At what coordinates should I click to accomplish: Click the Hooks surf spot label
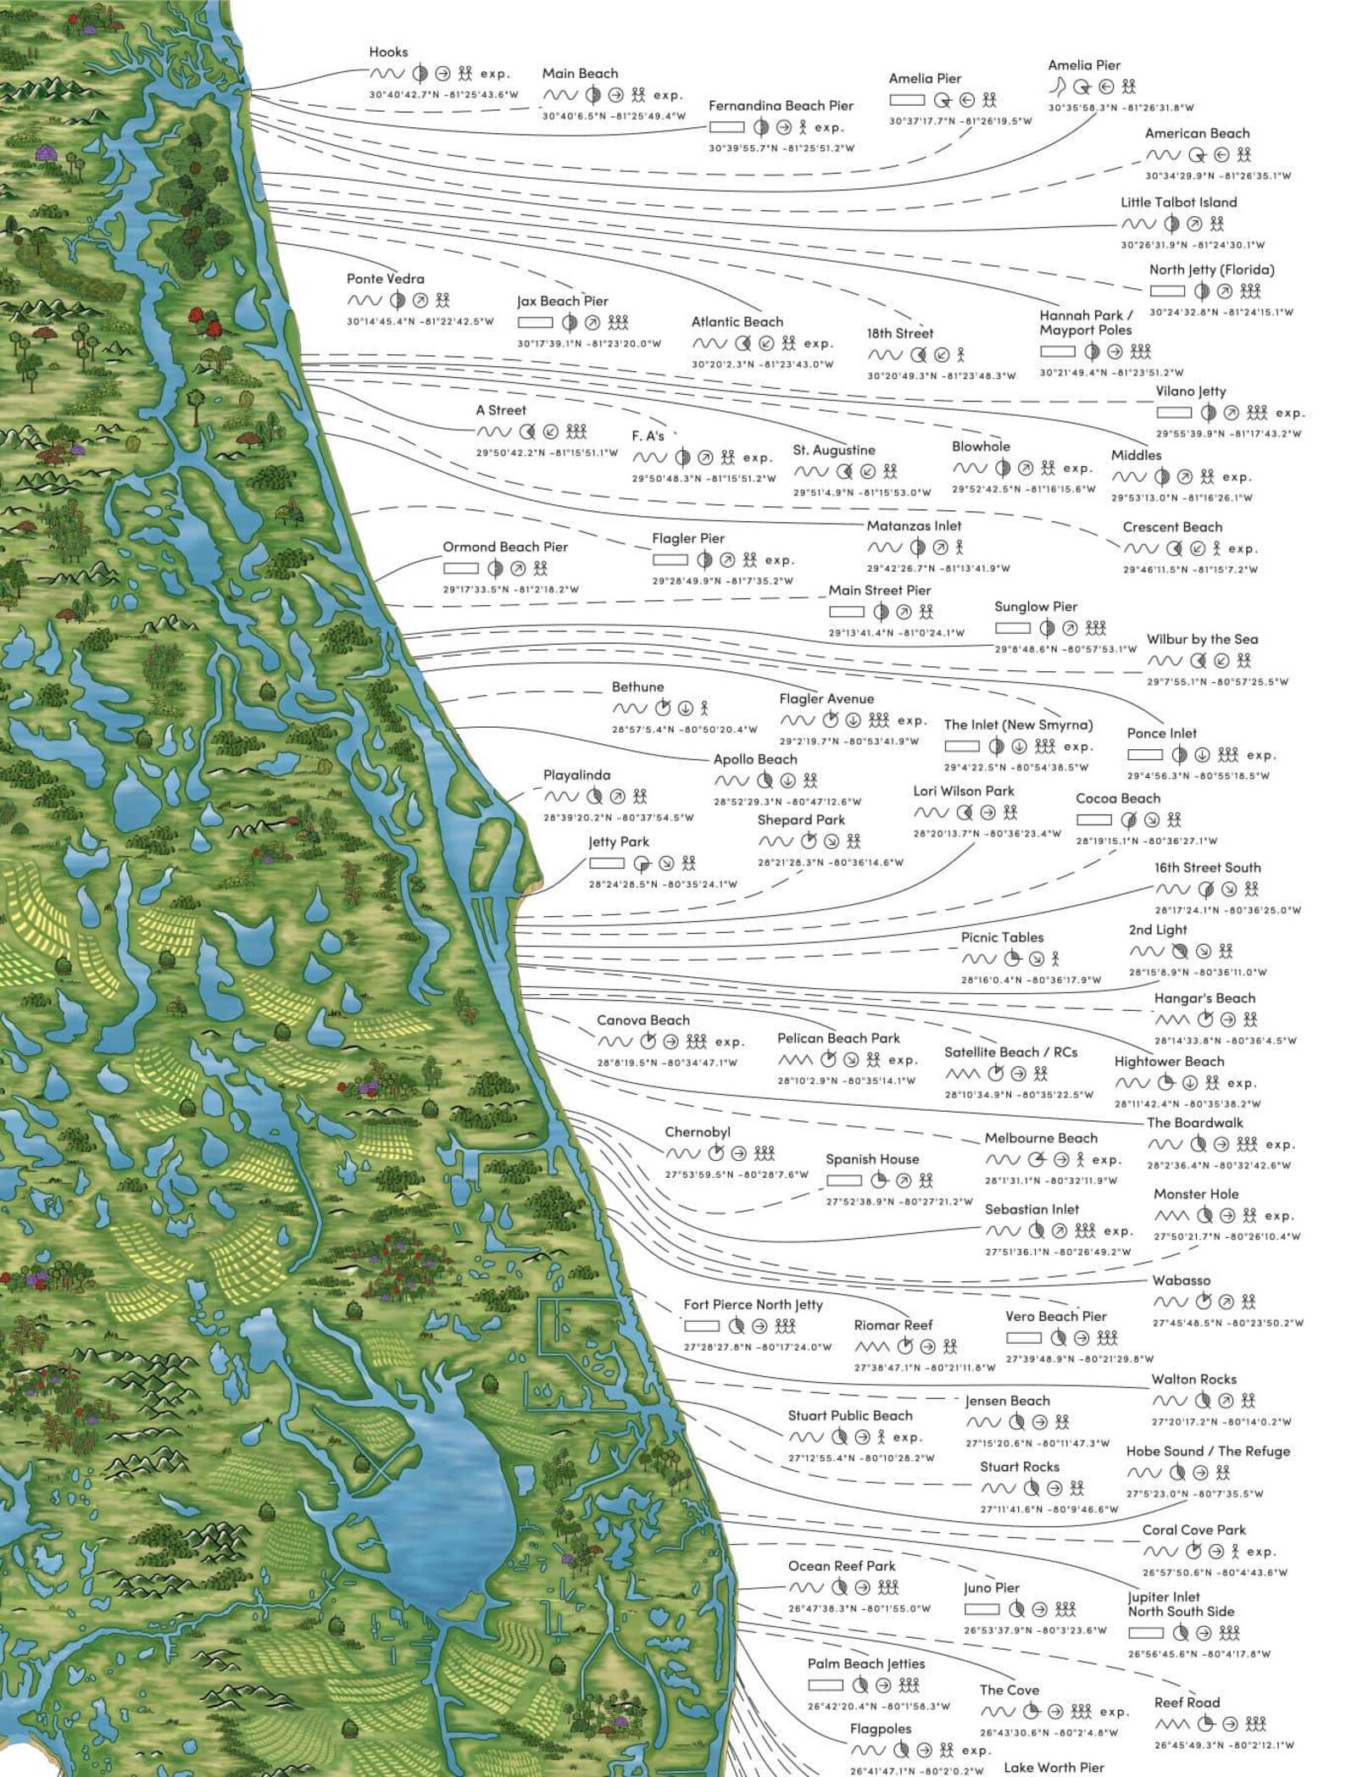pyautogui.click(x=388, y=53)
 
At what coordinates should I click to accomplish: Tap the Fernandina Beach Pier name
pyautogui.click(x=781, y=106)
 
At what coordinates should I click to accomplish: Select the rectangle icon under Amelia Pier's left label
pyautogui.click(x=906, y=100)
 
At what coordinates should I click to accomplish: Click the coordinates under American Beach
pyautogui.click(x=1218, y=176)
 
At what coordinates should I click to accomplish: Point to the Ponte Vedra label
pyautogui.click(x=385, y=279)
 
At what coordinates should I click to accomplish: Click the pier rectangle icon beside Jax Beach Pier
pyautogui.click(x=535, y=323)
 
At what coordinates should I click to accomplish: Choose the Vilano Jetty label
pyautogui.click(x=1190, y=391)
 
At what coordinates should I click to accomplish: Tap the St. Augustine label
pyautogui.click(x=833, y=450)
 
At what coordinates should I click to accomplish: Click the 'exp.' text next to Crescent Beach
pyautogui.click(x=1243, y=549)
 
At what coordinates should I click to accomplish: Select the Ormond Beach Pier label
pyautogui.click(x=505, y=547)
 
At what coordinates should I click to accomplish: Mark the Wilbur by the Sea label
pyautogui.click(x=1202, y=640)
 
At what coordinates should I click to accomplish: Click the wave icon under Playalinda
pyautogui.click(x=561, y=797)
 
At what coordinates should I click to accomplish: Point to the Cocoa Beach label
pyautogui.click(x=1118, y=798)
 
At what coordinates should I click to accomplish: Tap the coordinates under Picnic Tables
pyautogui.click(x=1031, y=980)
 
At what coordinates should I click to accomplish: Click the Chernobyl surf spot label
pyautogui.click(x=697, y=1132)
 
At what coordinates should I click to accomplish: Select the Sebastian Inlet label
pyautogui.click(x=1032, y=1209)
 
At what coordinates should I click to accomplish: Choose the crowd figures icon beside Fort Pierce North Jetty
pyautogui.click(x=785, y=1326)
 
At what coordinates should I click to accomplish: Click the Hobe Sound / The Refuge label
pyautogui.click(x=1208, y=1452)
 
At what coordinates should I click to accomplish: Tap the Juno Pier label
pyautogui.click(x=991, y=1588)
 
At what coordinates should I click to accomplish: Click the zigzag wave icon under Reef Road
pyautogui.click(x=1172, y=1724)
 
